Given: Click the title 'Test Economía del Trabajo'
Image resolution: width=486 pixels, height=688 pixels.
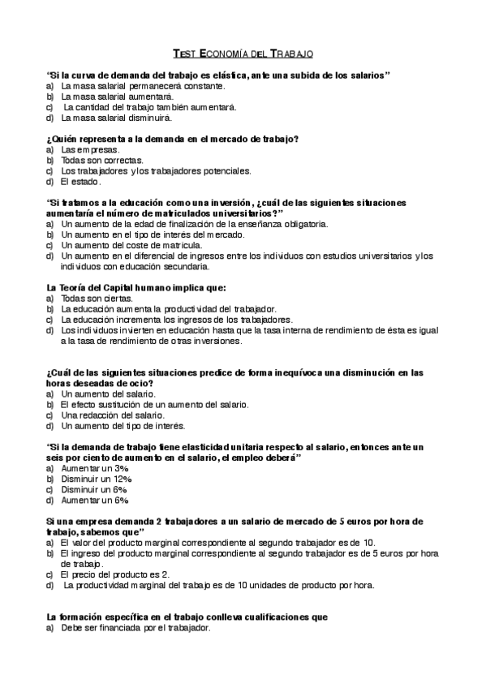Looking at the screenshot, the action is tap(243, 54).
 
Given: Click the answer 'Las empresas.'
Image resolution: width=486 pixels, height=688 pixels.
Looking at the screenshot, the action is tap(90, 149).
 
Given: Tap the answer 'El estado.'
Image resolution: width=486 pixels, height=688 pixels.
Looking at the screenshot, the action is tap(80, 181).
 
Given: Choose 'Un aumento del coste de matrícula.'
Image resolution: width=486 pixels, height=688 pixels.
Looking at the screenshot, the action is tap(132, 245).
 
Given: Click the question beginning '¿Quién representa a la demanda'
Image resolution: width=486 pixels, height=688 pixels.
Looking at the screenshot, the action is tap(173, 139).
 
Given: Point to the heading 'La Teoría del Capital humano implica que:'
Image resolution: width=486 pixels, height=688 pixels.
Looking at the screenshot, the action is tap(136, 287).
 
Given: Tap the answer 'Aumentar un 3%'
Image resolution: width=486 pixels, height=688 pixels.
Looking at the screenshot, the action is tap(96, 468).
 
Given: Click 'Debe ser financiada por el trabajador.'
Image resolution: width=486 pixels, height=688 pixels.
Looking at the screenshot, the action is tap(136, 627).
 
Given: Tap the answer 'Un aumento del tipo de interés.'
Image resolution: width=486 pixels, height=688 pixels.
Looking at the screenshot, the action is tap(123, 425).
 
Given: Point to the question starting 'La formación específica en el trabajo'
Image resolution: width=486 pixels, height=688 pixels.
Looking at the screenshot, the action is tap(187, 617).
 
